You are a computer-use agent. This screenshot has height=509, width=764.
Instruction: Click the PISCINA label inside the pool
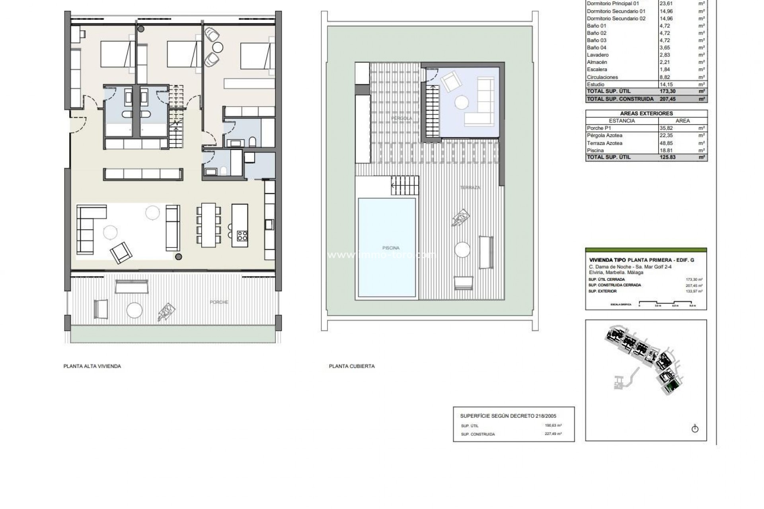coord(390,248)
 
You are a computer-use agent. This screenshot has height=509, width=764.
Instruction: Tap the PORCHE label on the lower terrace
coord(219,302)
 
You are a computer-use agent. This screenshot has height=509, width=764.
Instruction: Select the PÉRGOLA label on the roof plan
coord(401,119)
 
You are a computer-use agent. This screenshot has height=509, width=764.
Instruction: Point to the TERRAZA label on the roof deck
coord(470,187)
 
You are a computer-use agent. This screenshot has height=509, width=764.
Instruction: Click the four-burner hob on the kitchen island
coord(242,235)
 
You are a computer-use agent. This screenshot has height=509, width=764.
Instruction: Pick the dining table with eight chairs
coord(208,225)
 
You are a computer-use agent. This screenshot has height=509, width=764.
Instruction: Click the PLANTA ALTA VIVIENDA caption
coord(92,366)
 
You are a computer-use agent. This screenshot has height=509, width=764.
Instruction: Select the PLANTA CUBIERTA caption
coord(352,366)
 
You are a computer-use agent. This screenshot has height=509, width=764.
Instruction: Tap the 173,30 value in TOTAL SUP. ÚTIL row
coord(668,91)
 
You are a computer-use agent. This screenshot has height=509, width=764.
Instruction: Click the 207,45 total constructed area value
coord(668,99)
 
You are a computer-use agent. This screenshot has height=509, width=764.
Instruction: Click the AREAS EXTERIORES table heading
coord(646,113)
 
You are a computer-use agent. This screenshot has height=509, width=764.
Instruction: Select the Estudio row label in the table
coord(595,84)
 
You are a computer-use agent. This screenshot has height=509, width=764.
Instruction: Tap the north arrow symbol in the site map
coord(695,429)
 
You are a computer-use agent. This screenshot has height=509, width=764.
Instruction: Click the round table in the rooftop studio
coord(462,103)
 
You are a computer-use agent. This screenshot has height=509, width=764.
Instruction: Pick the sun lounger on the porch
coord(166,312)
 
